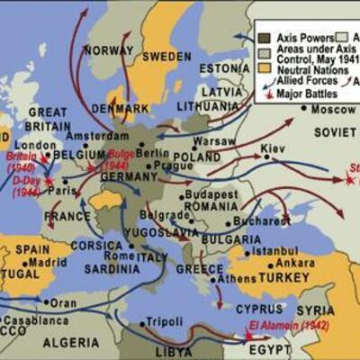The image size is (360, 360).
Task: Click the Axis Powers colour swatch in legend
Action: (x=265, y=39)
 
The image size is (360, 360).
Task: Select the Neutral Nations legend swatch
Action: (x=265, y=67)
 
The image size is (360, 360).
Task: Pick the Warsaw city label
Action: (x=215, y=141)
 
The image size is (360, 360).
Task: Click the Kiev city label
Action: (x=273, y=148)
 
